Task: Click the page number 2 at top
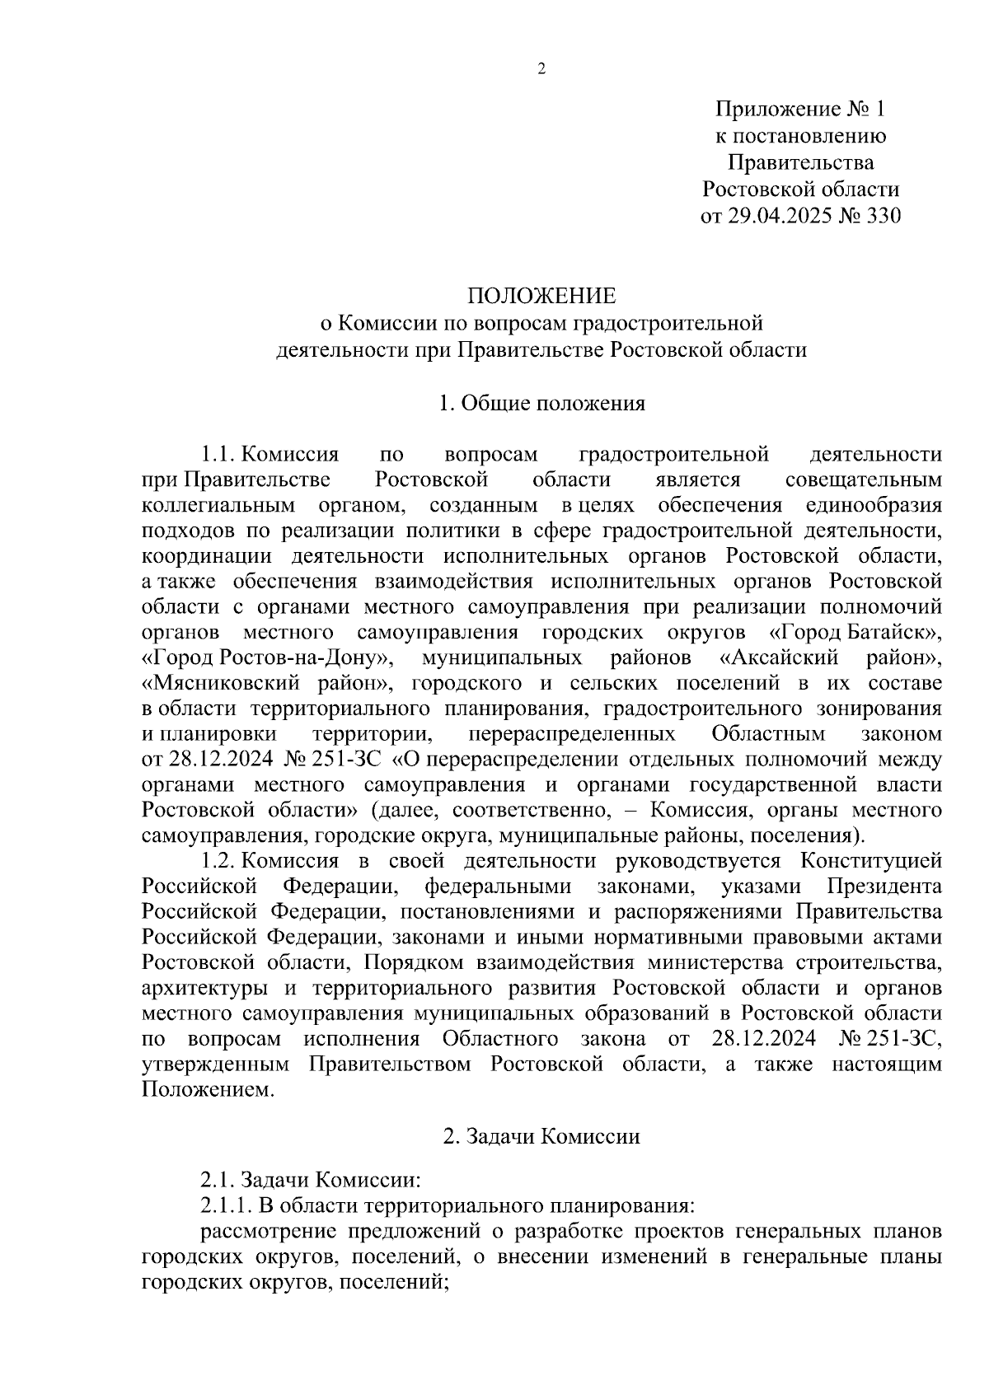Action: (541, 70)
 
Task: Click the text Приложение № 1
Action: (799, 110)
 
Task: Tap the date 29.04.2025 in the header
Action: (775, 216)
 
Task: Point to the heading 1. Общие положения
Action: (541, 403)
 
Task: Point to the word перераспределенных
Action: (571, 734)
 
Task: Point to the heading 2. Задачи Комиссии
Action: (541, 1137)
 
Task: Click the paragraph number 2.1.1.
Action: (225, 1207)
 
